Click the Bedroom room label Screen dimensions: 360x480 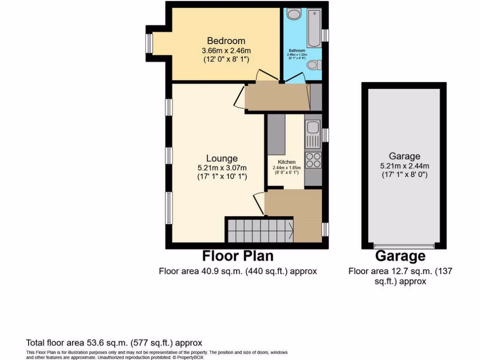pos(226,41)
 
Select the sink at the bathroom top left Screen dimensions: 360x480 pos(293,15)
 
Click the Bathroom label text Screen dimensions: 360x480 pos(297,51)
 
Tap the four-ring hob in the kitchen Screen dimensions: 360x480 pos(312,160)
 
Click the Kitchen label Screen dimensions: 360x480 pos(286,162)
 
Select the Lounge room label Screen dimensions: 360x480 pos(222,158)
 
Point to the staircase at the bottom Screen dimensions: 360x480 pos(259,229)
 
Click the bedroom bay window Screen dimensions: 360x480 pos(149,43)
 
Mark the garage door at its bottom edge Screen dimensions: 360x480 pos(404,245)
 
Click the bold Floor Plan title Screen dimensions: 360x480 pos(238,256)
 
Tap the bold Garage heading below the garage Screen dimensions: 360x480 pos(400,256)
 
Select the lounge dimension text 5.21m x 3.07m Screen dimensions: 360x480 pos(222,167)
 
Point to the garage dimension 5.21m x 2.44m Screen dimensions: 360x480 pos(404,165)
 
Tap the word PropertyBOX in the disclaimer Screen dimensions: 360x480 pos(193,357)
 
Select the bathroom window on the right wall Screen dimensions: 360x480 pos(326,35)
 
